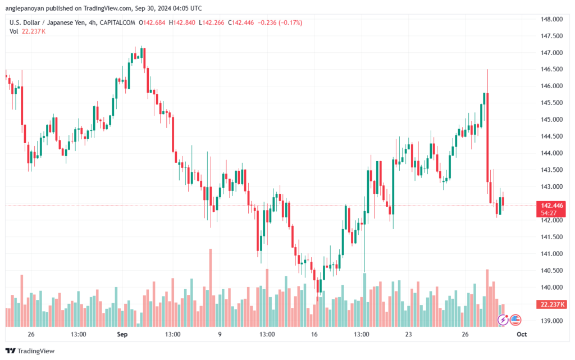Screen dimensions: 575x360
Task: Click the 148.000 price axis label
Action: [x=551, y=19]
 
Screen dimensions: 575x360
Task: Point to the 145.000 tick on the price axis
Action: [x=551, y=120]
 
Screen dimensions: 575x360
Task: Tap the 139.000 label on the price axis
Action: [x=551, y=321]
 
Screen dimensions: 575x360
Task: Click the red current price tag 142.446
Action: [x=551, y=209]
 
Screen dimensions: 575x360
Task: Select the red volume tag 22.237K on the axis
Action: [x=551, y=304]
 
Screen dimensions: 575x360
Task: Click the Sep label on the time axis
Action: [x=122, y=334]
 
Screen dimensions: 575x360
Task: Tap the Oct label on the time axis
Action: [x=522, y=334]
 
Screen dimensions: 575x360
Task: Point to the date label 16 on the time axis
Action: [x=314, y=334]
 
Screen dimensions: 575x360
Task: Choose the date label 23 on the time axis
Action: [x=409, y=334]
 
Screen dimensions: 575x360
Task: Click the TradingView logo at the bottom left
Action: [x=30, y=351]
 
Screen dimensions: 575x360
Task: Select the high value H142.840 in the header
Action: [x=182, y=22]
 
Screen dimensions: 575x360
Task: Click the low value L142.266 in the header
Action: [x=211, y=22]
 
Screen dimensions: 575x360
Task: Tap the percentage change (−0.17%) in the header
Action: [x=290, y=22]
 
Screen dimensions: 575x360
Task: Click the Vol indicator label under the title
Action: [x=13, y=31]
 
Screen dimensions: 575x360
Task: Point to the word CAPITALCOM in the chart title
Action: [x=117, y=22]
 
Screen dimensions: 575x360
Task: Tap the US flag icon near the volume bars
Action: [x=515, y=320]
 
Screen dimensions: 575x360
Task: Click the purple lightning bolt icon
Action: [x=503, y=320]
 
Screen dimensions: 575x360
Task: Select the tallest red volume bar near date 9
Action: [x=211, y=288]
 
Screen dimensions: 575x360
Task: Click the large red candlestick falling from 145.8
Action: [x=487, y=138]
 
